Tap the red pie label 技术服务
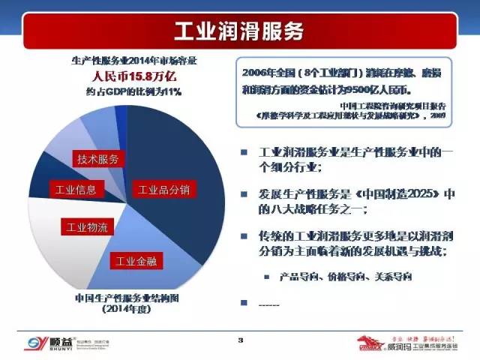point(97,159)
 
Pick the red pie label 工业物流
point(88,226)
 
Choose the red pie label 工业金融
point(135,262)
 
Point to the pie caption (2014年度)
point(124,310)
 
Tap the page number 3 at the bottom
point(241,341)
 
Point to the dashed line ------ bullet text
point(268,304)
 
